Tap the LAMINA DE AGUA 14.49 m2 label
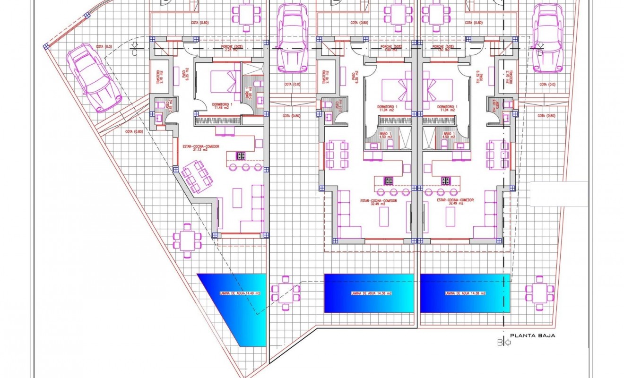240,293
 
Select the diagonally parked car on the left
94,78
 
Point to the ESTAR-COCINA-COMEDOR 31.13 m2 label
201,149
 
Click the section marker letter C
135,52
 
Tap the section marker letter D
540,52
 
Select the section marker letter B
501,343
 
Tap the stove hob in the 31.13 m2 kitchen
240,155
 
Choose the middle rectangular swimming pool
369,293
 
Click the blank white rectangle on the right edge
559,194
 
